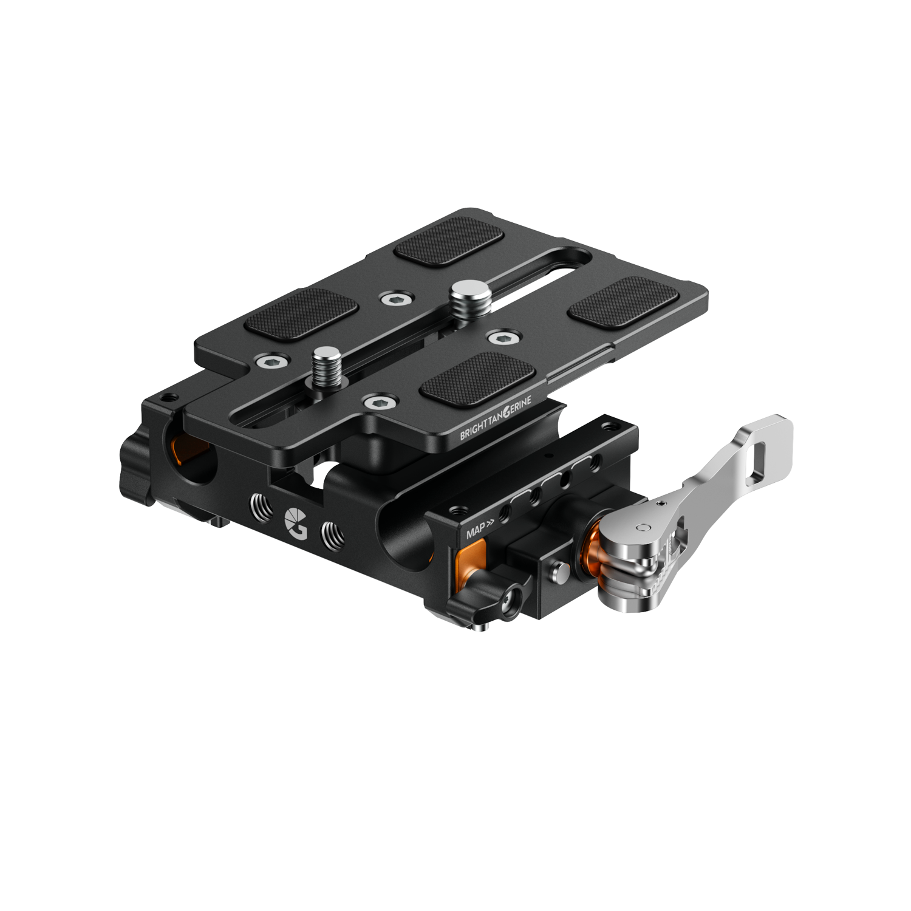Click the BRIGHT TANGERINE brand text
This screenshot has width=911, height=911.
click(x=496, y=418)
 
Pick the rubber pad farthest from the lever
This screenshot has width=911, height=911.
click(x=301, y=312)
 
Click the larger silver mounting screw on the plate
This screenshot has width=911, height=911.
click(x=463, y=296)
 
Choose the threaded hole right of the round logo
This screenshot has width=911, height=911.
click(x=332, y=535)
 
